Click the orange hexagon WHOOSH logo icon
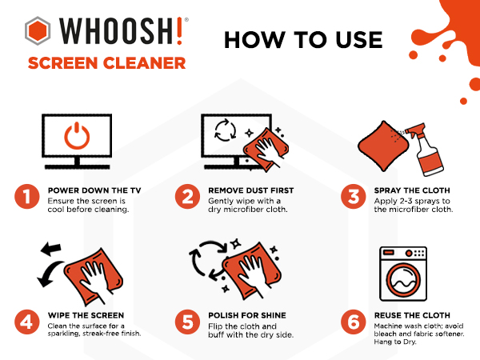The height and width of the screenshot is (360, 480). point(38,31)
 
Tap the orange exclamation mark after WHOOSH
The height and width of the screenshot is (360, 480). point(180,31)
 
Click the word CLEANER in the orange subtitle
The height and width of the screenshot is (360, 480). point(145,63)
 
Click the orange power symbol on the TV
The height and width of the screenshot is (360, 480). point(77,136)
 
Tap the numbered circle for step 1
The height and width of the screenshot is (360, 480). point(27,197)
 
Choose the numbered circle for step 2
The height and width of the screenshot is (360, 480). point(188,197)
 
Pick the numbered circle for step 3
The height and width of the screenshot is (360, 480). point(354,197)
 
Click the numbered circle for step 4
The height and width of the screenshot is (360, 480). point(27,322)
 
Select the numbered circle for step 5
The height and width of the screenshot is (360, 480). point(188,322)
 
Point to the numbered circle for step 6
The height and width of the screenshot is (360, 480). point(354,322)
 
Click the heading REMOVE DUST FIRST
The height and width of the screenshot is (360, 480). point(251,190)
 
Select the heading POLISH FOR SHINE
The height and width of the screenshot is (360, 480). point(247,315)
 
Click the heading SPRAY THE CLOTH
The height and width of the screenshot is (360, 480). point(412,190)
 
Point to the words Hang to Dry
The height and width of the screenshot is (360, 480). point(395,342)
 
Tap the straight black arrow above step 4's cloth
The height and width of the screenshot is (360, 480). point(51,248)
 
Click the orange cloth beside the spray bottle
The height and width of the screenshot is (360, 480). point(383,146)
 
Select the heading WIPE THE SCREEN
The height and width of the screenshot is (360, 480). point(86,315)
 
